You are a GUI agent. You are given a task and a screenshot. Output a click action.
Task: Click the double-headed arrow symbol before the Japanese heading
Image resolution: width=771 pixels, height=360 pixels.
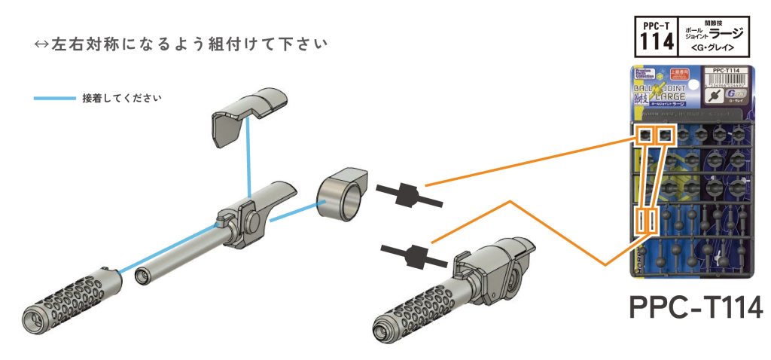41,43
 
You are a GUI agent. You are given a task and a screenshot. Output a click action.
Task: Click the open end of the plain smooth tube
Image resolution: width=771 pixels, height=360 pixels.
141,279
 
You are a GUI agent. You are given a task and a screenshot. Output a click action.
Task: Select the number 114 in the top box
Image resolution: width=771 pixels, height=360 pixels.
656,42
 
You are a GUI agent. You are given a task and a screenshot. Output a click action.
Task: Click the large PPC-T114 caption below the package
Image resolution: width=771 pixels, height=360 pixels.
694,307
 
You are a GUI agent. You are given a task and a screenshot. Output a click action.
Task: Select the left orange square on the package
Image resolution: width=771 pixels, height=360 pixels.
645,136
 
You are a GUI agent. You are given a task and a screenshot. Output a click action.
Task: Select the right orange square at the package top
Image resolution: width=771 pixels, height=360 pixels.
666,136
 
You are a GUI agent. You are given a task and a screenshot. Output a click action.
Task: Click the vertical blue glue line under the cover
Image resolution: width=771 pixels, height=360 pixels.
248,161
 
